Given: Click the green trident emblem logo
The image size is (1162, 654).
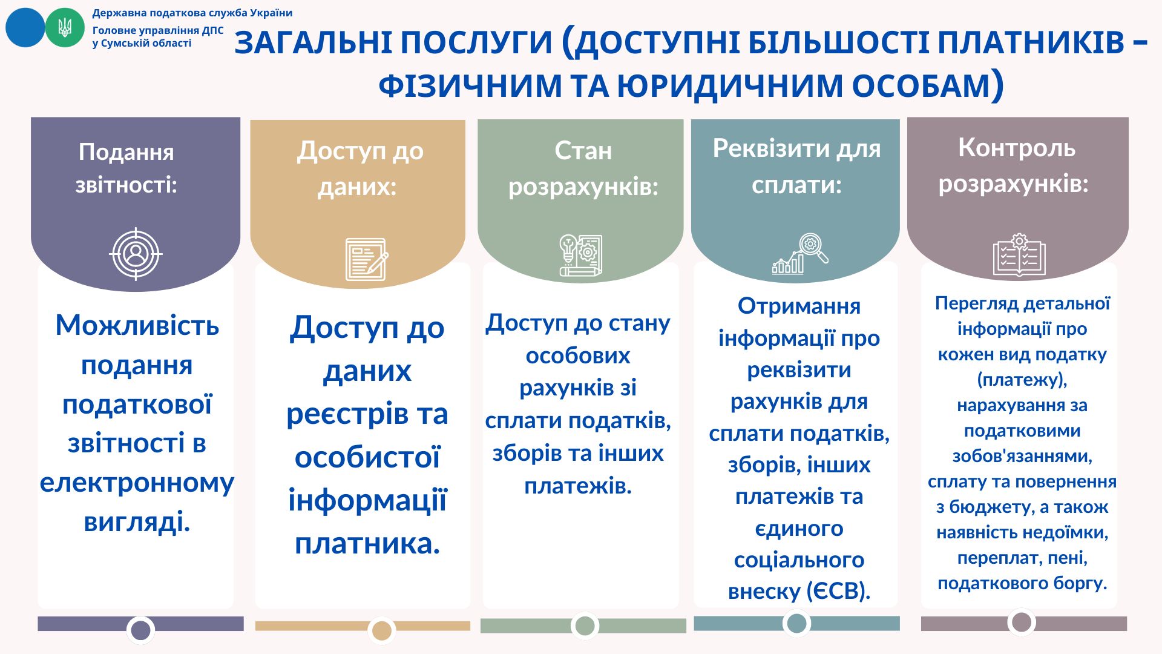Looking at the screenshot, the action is tap(65, 27).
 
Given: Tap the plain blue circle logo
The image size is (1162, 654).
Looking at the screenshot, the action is tap(25, 27).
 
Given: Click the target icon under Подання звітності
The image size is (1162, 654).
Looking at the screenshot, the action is tap(136, 254).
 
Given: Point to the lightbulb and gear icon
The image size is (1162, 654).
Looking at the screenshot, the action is tap(580, 255).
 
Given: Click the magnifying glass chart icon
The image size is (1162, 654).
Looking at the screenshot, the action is tap(800, 254).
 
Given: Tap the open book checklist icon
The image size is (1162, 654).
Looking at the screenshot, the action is tap(1019, 255).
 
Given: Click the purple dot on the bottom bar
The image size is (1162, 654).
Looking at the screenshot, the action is tap(141, 630).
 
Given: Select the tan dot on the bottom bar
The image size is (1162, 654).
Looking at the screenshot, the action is tap(381, 630).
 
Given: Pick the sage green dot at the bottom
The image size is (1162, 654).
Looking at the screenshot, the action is tap(585, 626).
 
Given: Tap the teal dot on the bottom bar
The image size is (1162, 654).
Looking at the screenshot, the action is tap(796, 623).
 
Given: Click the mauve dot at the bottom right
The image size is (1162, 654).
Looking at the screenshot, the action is tap(1022, 622).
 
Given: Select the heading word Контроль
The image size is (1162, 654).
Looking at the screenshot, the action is tap(1017, 148).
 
